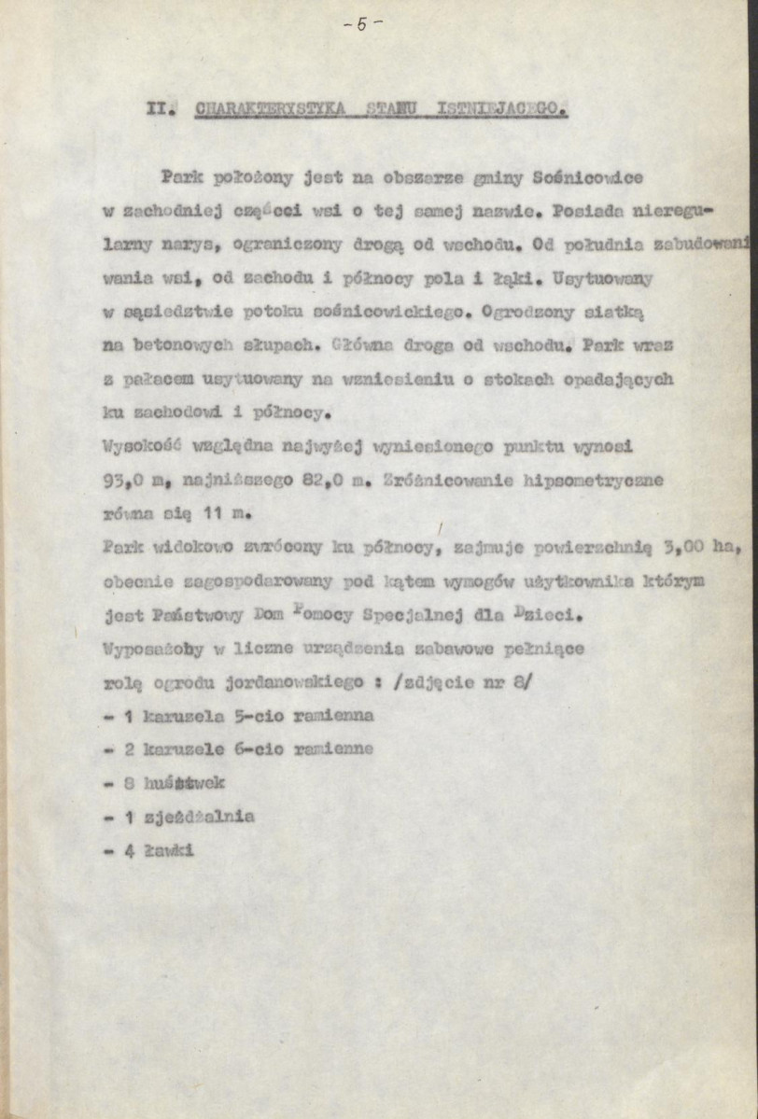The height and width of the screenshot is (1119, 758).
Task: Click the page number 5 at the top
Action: [360, 25]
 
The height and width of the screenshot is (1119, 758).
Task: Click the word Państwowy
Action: [190, 615]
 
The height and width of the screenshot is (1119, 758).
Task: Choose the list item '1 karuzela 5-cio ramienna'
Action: [237, 716]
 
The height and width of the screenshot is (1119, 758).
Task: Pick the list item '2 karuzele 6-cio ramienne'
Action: [237, 748]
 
